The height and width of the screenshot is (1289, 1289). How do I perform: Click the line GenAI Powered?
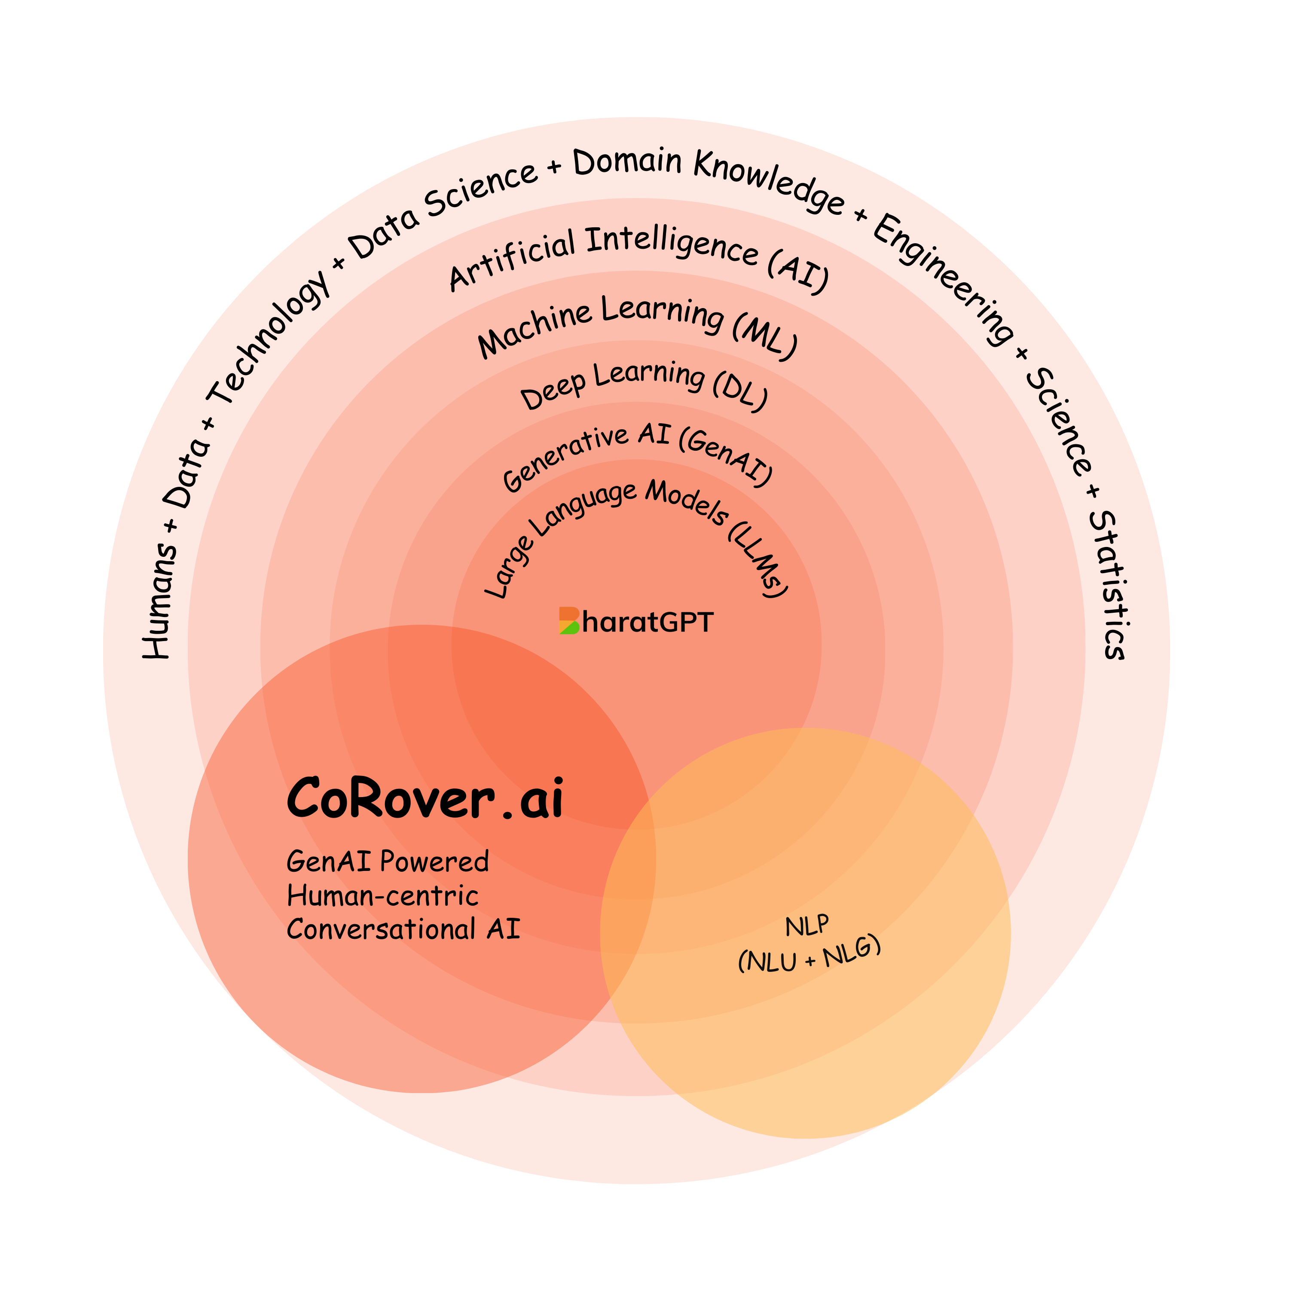388,862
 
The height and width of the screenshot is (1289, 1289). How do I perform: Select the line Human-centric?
382,896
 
